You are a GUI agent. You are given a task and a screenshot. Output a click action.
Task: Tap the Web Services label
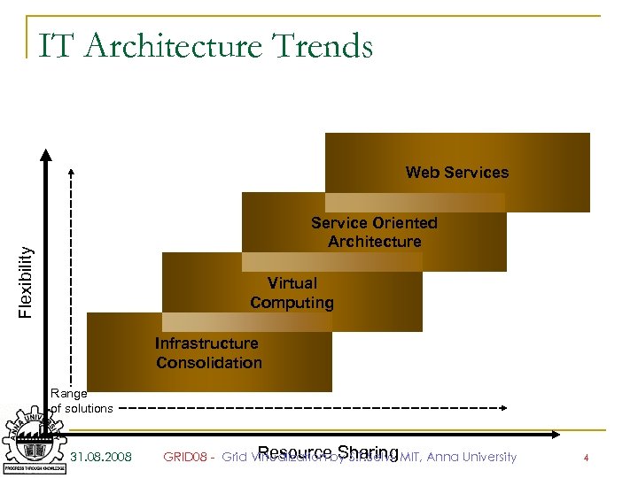click(x=457, y=173)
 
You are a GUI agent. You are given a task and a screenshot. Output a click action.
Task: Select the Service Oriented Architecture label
click(x=374, y=232)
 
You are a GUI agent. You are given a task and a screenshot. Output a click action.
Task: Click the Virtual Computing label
click(x=292, y=293)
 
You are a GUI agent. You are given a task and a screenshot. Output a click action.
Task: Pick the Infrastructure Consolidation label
click(x=208, y=352)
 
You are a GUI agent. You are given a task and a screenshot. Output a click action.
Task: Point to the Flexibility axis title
click(x=27, y=281)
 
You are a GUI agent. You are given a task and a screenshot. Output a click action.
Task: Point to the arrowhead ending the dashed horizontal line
click(x=502, y=407)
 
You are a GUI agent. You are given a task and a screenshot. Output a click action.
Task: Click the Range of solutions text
click(x=82, y=400)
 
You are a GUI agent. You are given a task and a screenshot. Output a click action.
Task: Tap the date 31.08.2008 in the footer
click(x=101, y=458)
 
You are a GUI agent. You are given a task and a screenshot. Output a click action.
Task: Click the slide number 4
click(x=586, y=458)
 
